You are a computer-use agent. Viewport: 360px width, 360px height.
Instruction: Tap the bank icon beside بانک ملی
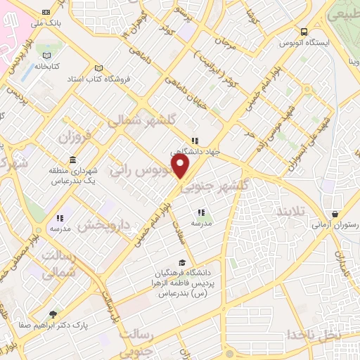click(46, 12)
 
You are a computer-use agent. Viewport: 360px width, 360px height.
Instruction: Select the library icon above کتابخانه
click(46, 56)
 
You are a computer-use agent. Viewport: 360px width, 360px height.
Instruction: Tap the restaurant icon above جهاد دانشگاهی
click(195, 139)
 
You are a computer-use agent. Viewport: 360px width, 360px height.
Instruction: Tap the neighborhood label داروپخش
click(105, 224)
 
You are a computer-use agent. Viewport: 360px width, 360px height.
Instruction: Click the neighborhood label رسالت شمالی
click(58, 264)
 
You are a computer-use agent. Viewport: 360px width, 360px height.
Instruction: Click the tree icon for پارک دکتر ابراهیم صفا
click(53, 314)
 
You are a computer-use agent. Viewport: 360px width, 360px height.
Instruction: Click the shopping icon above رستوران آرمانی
click(335, 214)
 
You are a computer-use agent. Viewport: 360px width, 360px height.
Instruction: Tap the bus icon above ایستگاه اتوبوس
click(304, 32)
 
